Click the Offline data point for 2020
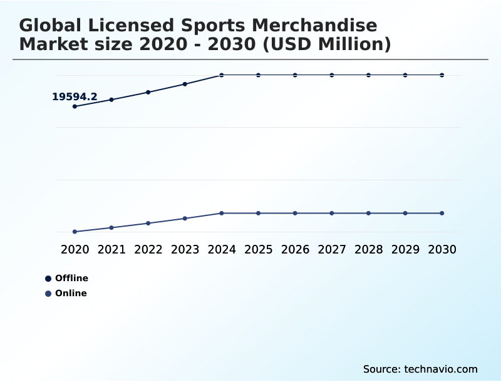75,106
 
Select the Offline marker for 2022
148,92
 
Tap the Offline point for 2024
222,75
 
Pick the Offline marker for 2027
332,75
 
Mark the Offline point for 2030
442,75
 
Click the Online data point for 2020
75,232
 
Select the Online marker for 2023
185,219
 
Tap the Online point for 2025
258,213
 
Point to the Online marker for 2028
368,213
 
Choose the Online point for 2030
442,213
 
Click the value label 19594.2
75,96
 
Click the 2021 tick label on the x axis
111,249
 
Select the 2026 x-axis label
295,249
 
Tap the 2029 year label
405,249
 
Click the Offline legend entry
71,278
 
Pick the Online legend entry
70,293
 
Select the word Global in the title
51,26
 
